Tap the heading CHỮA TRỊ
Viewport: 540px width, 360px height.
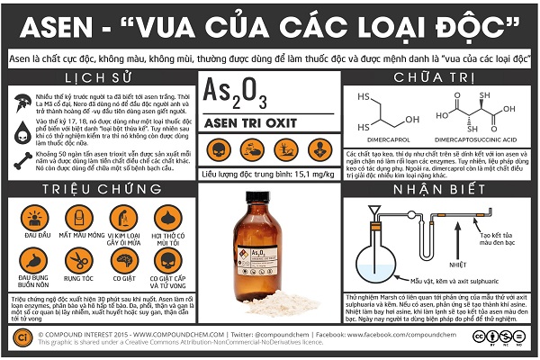[440, 78]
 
